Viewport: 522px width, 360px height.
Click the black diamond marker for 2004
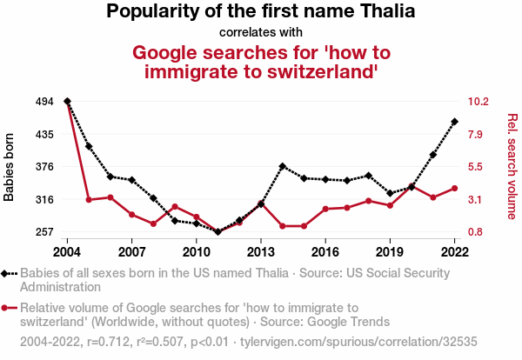67,102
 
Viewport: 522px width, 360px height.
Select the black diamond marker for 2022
454,122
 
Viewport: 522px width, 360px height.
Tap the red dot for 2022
454,188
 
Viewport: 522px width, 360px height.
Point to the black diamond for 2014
283,166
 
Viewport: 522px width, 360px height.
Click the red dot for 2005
89,200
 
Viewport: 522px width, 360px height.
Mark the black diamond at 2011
218,231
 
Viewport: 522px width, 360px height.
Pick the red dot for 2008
153,224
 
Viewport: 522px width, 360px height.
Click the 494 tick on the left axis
44,102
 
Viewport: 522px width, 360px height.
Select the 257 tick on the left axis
44,232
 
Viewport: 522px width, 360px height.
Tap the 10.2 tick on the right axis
479,102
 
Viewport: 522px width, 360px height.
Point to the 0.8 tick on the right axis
477,232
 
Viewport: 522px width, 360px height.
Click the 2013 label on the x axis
261,251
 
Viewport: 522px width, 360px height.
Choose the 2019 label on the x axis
390,251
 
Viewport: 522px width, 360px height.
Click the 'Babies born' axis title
10,167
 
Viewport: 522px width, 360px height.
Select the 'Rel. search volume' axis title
512,167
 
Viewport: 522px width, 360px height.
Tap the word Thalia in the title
385,12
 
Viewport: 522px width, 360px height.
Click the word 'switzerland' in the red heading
293,71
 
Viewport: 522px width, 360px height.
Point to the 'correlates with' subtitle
261,32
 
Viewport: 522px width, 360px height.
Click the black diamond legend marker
9,273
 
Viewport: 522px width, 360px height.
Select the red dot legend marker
9,307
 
